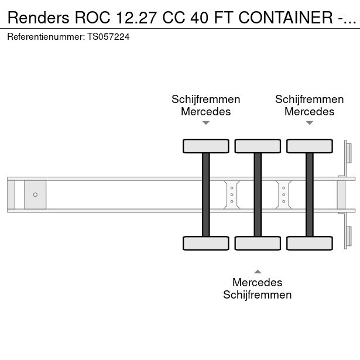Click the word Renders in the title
tap(39, 18)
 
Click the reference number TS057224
tap(108, 37)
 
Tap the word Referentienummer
tap(46, 37)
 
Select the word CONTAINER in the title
tap(286, 18)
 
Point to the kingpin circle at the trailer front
tap(35, 195)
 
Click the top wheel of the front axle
tap(205, 146)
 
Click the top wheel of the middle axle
tap(258, 146)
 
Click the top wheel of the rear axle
tap(310, 146)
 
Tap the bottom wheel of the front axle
tap(205, 243)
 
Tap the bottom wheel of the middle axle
tap(258, 243)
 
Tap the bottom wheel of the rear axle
tap(310, 243)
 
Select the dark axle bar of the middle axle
tap(258, 195)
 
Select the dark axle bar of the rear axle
tap(310, 195)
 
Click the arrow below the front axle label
tap(205, 123)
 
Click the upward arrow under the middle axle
tap(258, 272)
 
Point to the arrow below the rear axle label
tap(310, 123)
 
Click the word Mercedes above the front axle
tap(205, 112)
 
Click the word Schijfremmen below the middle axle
tap(258, 295)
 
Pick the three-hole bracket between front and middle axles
tap(232, 195)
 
